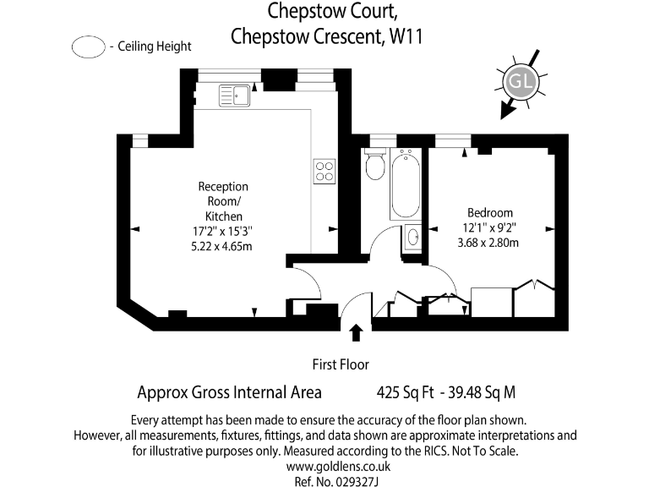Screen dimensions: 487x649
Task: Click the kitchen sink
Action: (236, 93)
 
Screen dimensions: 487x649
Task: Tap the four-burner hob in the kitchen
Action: (324, 172)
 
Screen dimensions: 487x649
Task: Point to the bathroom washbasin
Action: (412, 237)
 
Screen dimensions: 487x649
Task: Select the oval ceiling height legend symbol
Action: (88, 47)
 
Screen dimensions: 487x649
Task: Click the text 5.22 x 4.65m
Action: (223, 247)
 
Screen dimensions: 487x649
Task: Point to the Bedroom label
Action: (490, 212)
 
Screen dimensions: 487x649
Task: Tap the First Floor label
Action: (341, 365)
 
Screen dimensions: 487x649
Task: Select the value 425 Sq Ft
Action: (406, 393)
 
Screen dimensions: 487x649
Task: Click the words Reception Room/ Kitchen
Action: (223, 201)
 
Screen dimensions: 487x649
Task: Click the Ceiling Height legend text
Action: (155, 47)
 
